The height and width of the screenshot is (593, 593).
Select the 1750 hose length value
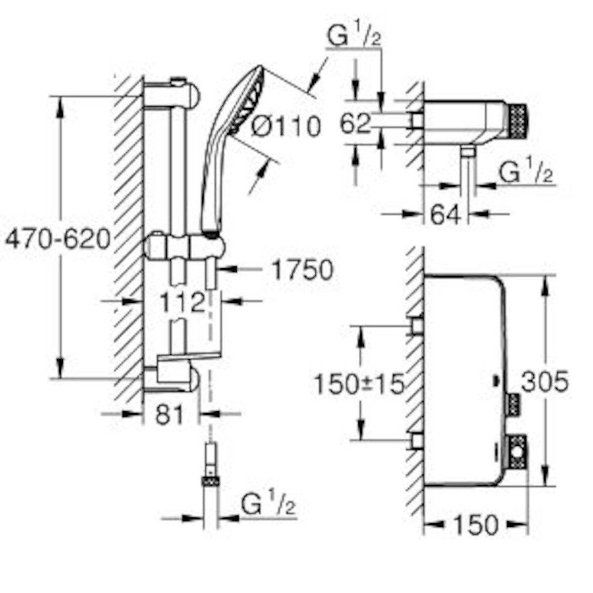click(x=302, y=270)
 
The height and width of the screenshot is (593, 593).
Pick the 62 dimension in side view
click(x=355, y=124)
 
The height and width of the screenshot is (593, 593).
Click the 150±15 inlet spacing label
click(x=360, y=384)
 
